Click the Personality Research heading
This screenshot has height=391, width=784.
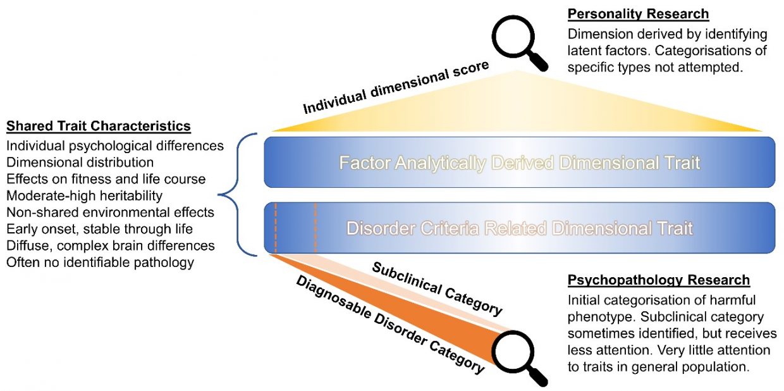tap(638, 14)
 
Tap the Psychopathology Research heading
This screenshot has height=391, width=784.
tap(659, 280)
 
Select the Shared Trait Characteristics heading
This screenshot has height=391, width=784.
tap(98, 126)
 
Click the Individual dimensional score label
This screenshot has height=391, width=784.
tap(396, 89)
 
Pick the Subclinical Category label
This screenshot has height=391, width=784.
tap(437, 289)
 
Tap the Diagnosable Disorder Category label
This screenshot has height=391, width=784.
tap(390, 323)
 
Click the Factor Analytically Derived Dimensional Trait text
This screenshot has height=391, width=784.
tap(519, 163)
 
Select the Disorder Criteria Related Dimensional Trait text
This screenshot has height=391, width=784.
tap(519, 228)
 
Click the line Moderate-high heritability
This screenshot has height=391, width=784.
tap(85, 195)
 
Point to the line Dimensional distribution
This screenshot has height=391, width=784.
tap(80, 163)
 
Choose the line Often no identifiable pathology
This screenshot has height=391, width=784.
tap(100, 261)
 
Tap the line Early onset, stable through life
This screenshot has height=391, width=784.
tap(100, 228)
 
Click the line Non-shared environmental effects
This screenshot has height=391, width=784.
tap(111, 212)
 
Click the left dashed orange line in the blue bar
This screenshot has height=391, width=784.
tap(275, 228)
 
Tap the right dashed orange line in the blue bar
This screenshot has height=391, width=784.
tap(315, 228)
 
